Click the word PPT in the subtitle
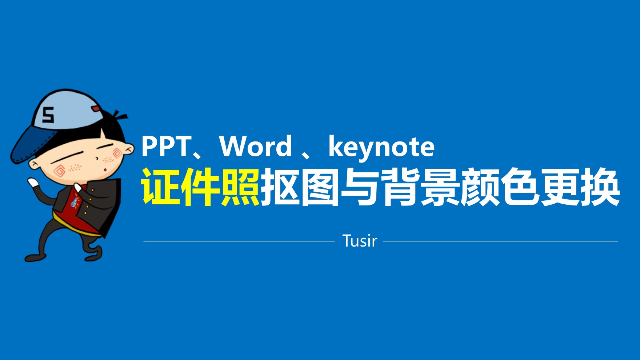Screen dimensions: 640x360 tap(166, 146)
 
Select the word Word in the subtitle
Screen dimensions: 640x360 tap(256, 146)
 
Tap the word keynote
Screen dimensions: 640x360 tap(381, 147)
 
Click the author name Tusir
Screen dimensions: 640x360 tap(360, 241)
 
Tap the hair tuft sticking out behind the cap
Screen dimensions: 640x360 tap(120, 116)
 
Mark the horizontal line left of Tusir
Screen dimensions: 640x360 tap(239, 241)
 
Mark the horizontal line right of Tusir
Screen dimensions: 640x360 tap(500, 241)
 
